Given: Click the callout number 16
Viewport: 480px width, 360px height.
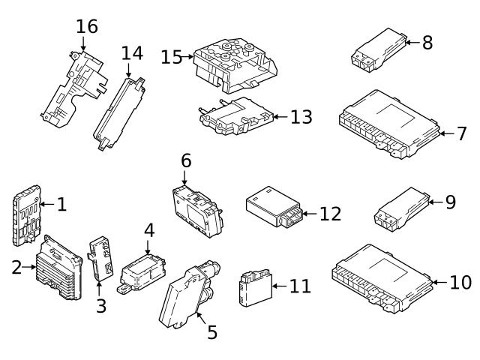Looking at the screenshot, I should pos(87,26).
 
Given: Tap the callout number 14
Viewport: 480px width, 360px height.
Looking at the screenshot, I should pos(131,52).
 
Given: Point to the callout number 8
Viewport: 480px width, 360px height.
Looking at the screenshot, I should pos(427,42).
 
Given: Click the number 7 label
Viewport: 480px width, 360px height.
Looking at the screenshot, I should pos(462,133).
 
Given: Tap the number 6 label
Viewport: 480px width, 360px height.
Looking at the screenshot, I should pos(186,160).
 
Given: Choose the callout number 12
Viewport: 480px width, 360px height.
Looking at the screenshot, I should pos(330,214).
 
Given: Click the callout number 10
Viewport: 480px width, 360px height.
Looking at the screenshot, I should pos(460,282).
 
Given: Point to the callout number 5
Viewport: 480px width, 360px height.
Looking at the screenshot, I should pos(212,331).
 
